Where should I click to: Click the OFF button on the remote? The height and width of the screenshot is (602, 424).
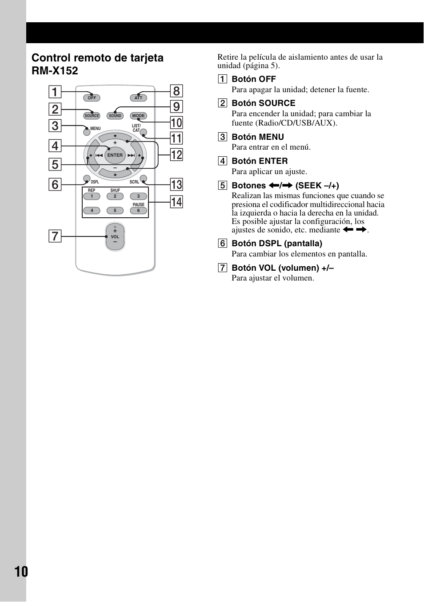coord(92,98)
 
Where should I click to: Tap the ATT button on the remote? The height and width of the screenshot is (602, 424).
coord(138,98)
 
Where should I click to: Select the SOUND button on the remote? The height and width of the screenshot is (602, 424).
coord(115,116)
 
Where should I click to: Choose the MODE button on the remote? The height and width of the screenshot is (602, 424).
coord(138,116)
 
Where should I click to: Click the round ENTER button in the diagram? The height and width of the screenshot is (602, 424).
coord(115,155)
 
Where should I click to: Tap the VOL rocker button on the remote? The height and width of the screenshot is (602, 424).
coord(115,237)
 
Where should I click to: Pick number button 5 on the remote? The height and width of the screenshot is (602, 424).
coord(115,211)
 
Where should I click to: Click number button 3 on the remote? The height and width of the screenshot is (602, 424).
coord(138,196)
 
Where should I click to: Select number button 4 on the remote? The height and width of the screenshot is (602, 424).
coord(92,211)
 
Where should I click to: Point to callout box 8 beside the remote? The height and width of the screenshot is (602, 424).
coord(176,91)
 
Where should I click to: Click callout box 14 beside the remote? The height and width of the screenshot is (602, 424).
coord(176,202)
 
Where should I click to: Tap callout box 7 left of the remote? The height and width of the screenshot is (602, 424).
coord(55,236)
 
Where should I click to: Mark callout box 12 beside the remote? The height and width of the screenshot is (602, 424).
coord(176,155)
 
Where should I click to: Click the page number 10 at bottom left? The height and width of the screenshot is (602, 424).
coord(21,571)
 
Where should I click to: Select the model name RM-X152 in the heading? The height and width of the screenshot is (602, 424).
coord(55,71)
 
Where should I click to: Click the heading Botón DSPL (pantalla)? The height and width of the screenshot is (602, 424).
coord(276,244)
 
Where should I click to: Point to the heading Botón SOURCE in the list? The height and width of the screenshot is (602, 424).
coord(263,103)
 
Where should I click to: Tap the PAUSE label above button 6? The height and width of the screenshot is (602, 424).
coord(139,205)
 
